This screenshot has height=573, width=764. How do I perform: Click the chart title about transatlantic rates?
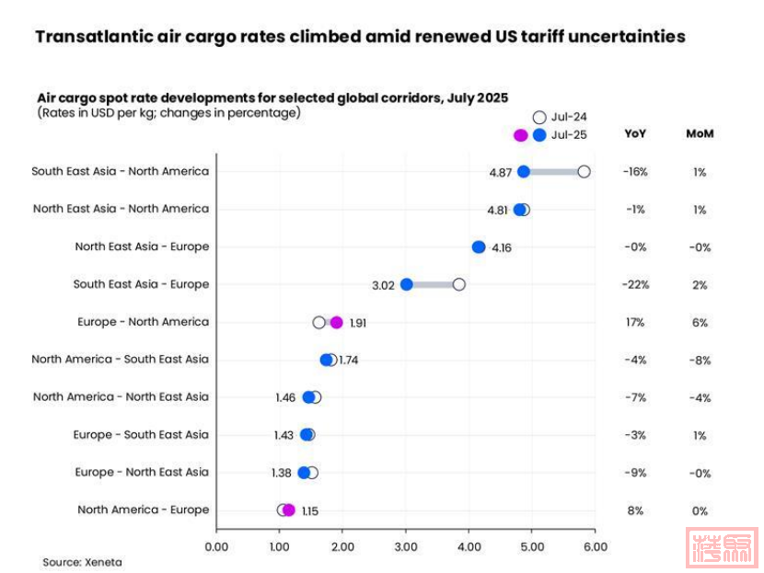pos(360,37)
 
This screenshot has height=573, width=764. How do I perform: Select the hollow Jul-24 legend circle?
pos(539,117)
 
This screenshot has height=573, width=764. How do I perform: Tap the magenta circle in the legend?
pos(521,135)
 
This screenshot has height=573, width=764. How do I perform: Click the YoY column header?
pos(635,133)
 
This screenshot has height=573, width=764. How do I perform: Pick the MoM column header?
pos(700,133)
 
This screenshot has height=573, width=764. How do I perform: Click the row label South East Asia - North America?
pos(120,171)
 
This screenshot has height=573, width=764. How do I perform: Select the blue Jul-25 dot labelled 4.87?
pos(524,172)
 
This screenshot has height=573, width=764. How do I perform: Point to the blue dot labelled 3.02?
pos(407,285)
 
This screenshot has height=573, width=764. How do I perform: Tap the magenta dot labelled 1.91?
pos(337,323)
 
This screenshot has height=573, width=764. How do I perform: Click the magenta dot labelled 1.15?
pos(289,510)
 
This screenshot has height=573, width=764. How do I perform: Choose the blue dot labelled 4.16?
pos(479,247)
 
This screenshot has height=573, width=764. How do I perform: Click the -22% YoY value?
pos(635,285)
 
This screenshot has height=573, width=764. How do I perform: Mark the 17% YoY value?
pos(635,323)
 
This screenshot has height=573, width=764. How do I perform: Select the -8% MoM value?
pos(700,361)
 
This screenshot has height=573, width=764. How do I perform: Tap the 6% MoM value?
pos(700,323)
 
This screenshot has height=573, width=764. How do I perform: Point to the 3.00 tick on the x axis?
pos(406,546)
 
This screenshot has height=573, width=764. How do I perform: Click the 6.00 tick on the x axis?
pos(596,546)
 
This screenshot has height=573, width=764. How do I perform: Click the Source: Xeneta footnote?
pos(82,562)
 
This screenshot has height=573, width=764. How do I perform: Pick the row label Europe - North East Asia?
pos(142,473)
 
